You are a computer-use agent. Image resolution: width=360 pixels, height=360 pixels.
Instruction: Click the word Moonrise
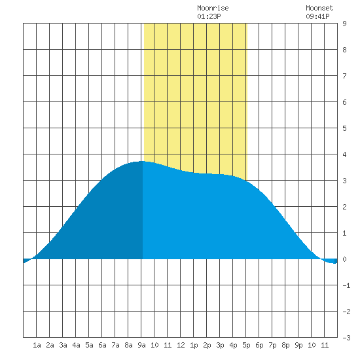pyautogui.click(x=213, y=8)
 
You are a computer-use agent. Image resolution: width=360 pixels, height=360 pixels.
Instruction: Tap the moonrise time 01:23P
pyautogui.click(x=209, y=16)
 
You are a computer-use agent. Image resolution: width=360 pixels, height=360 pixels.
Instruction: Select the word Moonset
pyautogui.click(x=319, y=8)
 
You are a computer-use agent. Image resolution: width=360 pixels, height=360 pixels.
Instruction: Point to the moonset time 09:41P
pyautogui.click(x=317, y=16)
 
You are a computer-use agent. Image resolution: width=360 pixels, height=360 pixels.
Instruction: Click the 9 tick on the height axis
pyautogui.click(x=344, y=24)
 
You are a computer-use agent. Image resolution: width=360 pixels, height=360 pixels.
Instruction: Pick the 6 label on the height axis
pyautogui.click(x=344, y=102)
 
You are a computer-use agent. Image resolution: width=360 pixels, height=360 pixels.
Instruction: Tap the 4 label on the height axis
pyautogui.click(x=344, y=154)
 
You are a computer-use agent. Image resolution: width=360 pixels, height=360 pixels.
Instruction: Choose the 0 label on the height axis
pyautogui.click(x=344, y=259)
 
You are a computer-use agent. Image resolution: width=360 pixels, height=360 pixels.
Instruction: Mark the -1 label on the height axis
pyautogui.click(x=346, y=285)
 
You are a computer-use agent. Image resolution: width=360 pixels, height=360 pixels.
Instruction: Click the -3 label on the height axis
pyautogui.click(x=346, y=338)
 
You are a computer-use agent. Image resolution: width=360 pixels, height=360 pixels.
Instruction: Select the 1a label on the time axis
pyautogui.click(x=37, y=345)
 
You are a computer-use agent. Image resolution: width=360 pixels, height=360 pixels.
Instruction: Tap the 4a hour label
pyautogui.click(x=76, y=345)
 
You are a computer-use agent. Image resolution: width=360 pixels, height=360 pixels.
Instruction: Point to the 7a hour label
pyautogui.click(x=115, y=345)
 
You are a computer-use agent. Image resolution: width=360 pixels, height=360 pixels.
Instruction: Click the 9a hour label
pyautogui.click(x=141, y=345)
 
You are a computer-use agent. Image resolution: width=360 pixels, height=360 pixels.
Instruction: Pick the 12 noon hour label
pyautogui.click(x=181, y=345)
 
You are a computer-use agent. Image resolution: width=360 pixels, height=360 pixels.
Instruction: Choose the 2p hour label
pyautogui.click(x=207, y=345)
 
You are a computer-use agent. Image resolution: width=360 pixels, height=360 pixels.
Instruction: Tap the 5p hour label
pyautogui.click(x=246, y=345)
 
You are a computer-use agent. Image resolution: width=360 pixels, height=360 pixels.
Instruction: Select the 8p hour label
pyautogui.click(x=285, y=345)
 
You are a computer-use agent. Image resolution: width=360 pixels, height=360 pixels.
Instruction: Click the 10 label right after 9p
pyautogui.click(x=312, y=345)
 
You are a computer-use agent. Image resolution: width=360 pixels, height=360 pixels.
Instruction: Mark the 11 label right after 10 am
pyautogui.click(x=168, y=345)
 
